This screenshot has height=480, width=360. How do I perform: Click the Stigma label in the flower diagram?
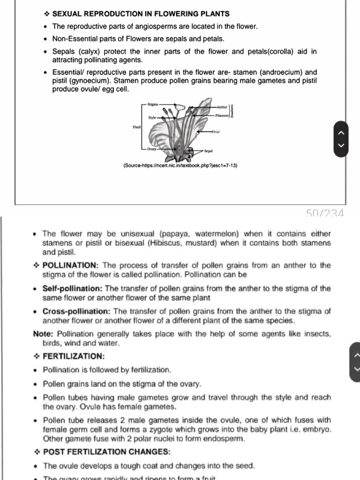click(153, 104)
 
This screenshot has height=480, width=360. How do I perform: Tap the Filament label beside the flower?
click(222, 114)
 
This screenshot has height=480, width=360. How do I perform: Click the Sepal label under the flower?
click(209, 151)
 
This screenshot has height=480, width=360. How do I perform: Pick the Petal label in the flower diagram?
click(216, 132)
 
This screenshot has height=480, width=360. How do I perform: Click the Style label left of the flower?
click(152, 118)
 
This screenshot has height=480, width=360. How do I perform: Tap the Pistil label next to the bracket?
click(136, 127)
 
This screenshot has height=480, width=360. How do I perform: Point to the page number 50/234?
click(325, 214)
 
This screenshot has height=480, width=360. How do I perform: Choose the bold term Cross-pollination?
click(77, 311)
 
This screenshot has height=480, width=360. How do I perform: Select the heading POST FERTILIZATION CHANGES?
click(107, 452)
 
